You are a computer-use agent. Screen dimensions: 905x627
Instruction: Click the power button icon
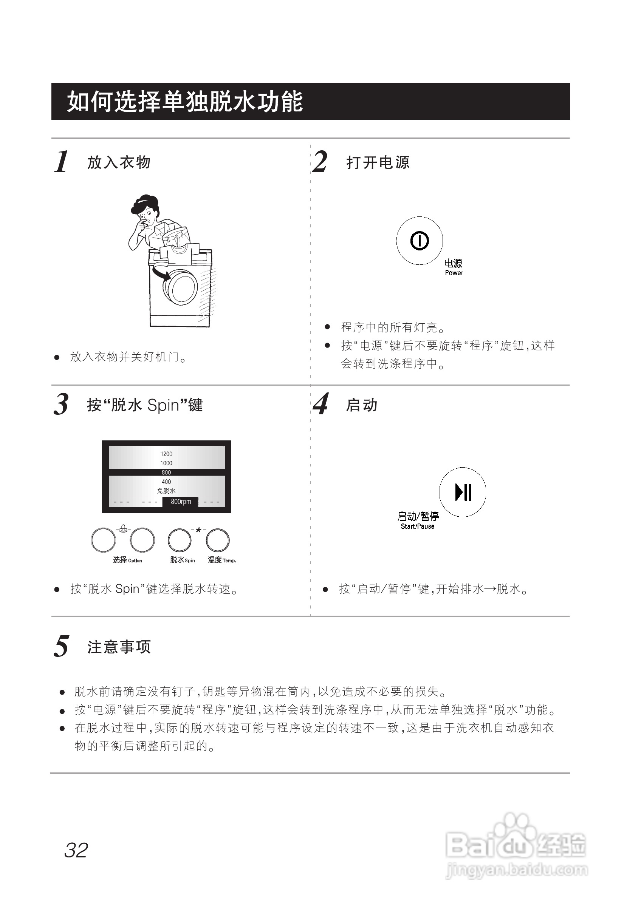point(419,240)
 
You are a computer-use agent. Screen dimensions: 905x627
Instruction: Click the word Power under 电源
point(454,273)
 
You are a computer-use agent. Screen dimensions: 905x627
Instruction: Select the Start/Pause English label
point(417,527)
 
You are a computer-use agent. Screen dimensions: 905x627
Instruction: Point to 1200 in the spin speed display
point(166,454)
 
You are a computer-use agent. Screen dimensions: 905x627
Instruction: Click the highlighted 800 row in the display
point(166,472)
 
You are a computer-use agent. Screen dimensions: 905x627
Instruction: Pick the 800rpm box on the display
point(180,502)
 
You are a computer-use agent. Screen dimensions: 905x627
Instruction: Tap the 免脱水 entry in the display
point(166,491)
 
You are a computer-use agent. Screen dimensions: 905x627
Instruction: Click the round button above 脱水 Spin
point(180,541)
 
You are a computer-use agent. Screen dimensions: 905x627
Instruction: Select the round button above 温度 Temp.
point(218,541)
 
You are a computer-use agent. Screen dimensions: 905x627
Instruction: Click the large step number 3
point(61,404)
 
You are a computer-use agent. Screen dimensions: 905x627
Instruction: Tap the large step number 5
point(61,646)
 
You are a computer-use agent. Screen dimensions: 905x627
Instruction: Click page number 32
point(76,850)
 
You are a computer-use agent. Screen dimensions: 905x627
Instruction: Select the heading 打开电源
point(378,162)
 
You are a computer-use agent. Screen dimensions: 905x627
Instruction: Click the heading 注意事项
point(119,647)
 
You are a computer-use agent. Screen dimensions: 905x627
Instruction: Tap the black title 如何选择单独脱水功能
point(185,102)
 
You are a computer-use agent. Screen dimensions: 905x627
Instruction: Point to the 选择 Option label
point(127,560)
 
